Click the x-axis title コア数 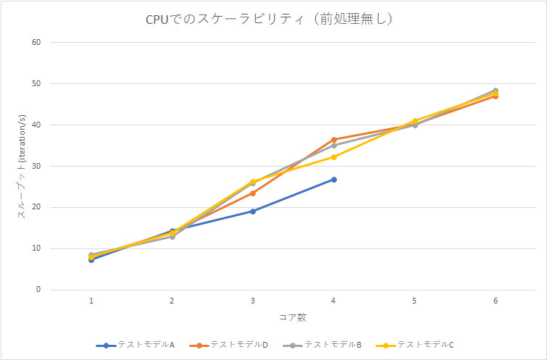(293, 317)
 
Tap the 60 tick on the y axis (36, 43)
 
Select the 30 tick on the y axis (36, 167)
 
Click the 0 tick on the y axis (38, 290)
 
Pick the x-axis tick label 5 (414, 301)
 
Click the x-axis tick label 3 (253, 301)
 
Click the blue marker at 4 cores (334, 180)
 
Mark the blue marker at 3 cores (253, 212)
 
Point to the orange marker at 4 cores (334, 139)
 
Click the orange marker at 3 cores (253, 193)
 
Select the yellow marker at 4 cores (334, 157)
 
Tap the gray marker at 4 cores (334, 146)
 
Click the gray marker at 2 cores (172, 237)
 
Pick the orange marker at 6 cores (496, 96)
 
